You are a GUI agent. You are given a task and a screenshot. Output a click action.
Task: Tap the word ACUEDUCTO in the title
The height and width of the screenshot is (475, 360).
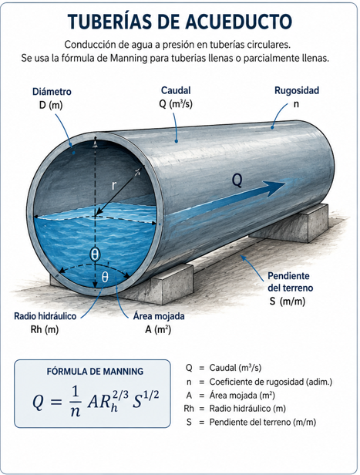pyautogui.click(x=238, y=22)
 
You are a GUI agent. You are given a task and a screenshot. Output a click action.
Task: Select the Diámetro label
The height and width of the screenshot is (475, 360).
pyautogui.click(x=52, y=92)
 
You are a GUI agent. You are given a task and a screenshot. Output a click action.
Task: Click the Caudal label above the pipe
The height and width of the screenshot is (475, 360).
pyautogui.click(x=176, y=90)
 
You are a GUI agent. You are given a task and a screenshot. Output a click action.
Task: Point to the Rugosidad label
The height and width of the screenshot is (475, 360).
pyautogui.click(x=297, y=90)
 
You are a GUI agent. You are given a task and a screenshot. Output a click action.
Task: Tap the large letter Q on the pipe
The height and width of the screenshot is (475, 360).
pyautogui.click(x=237, y=180)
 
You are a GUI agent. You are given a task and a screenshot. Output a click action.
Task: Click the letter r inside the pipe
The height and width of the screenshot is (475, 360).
pyautogui.click(x=114, y=185)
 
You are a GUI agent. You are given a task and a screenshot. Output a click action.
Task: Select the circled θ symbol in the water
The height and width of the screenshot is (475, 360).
pyautogui.click(x=95, y=254)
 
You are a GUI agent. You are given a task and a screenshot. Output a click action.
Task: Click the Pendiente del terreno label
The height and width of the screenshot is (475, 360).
pyautogui.click(x=290, y=281)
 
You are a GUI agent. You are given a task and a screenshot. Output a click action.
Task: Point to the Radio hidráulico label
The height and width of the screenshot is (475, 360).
pyautogui.click(x=45, y=316)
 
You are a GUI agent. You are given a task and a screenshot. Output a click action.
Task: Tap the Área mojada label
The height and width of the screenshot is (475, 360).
pyautogui.click(x=159, y=316)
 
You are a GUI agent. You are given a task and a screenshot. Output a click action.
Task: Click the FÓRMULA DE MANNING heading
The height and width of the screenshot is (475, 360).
pyautogui.click(x=95, y=372)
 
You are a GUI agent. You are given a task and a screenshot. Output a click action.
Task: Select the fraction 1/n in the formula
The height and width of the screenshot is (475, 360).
pyautogui.click(x=75, y=402)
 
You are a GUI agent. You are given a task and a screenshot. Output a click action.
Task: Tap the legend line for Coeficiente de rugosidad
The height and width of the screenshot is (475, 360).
pyautogui.click(x=259, y=382)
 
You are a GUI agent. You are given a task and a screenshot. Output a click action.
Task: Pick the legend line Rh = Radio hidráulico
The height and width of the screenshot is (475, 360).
pyautogui.click(x=234, y=409)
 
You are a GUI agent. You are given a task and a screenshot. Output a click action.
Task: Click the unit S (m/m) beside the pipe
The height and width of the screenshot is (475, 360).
pyautogui.click(x=287, y=302)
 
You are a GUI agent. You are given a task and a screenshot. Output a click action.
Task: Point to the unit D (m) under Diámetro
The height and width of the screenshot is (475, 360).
pyautogui.click(x=51, y=105)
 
